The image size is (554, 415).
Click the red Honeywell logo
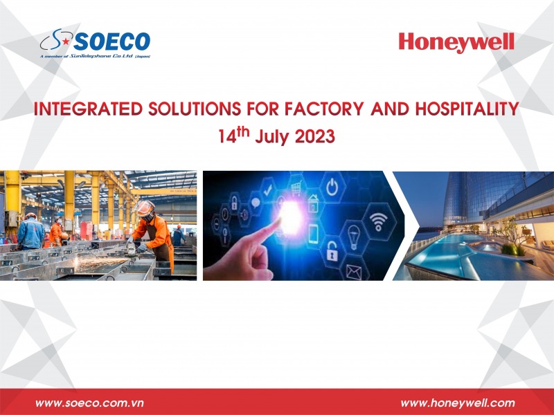coord(456,43)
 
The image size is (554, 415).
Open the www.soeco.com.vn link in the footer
coord(89,403)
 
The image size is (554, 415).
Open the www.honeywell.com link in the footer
coord(458,403)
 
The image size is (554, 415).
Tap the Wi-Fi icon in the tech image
coord(377,223)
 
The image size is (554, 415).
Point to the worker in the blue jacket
coord(30,232)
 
